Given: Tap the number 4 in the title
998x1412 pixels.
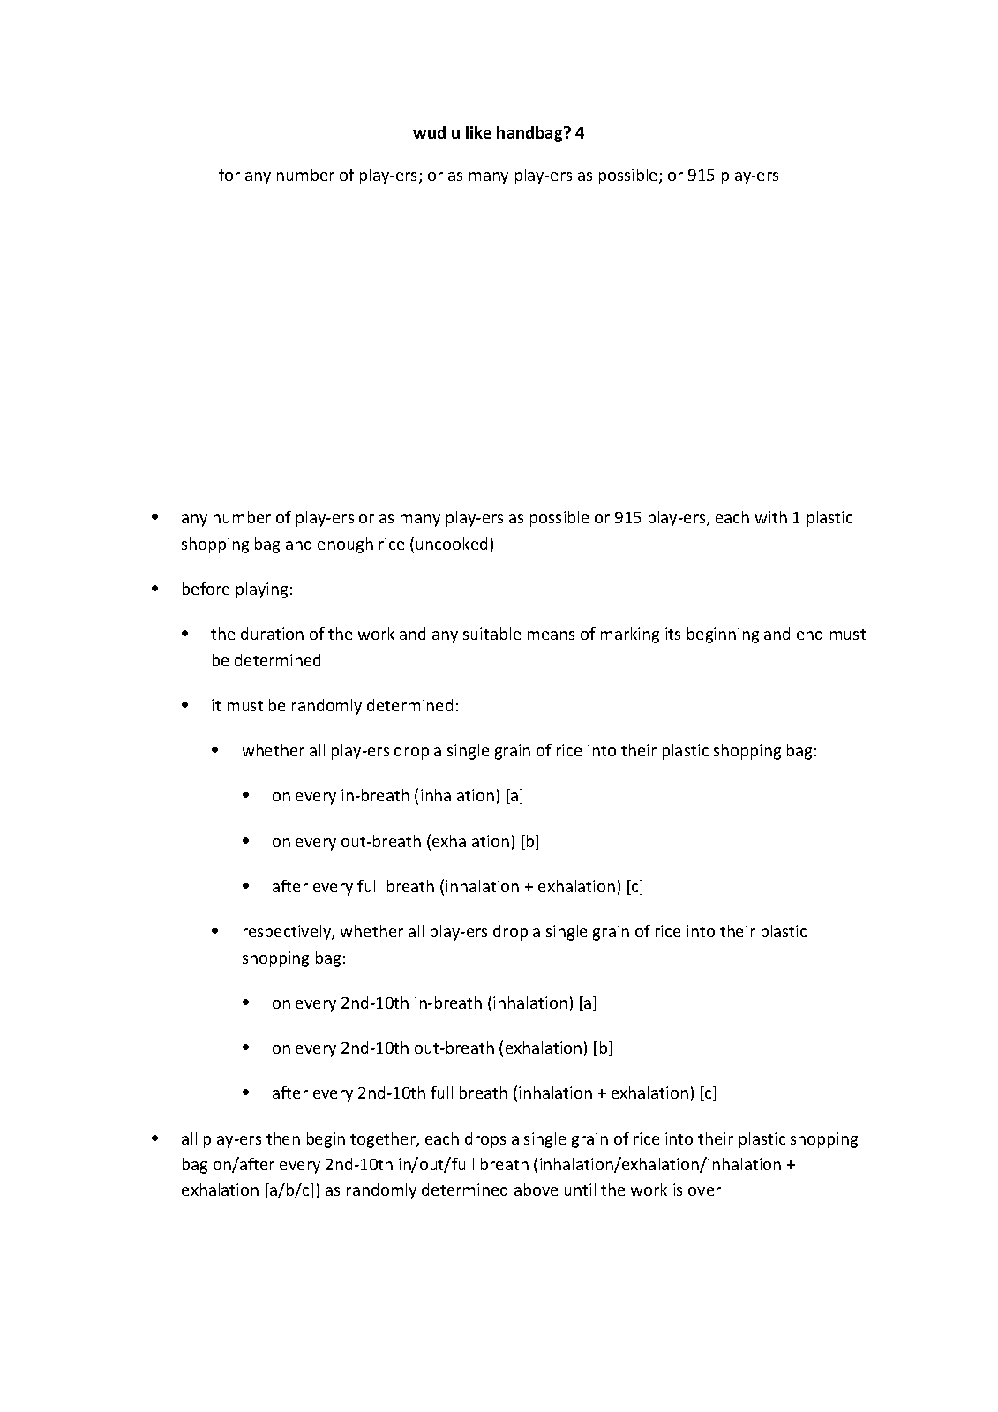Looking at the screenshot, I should [580, 133].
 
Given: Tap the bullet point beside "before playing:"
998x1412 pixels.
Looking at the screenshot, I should [155, 588].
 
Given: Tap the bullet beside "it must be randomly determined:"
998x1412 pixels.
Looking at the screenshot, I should [185, 705].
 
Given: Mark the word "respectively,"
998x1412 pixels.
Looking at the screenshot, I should [288, 931].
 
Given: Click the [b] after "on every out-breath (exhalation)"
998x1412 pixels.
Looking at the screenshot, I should [529, 841].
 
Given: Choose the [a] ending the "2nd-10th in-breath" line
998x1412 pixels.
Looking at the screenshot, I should [588, 1003].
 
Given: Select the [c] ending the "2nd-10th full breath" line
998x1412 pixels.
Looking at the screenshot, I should [708, 1093].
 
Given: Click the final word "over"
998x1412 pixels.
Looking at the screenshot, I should [705, 1190].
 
